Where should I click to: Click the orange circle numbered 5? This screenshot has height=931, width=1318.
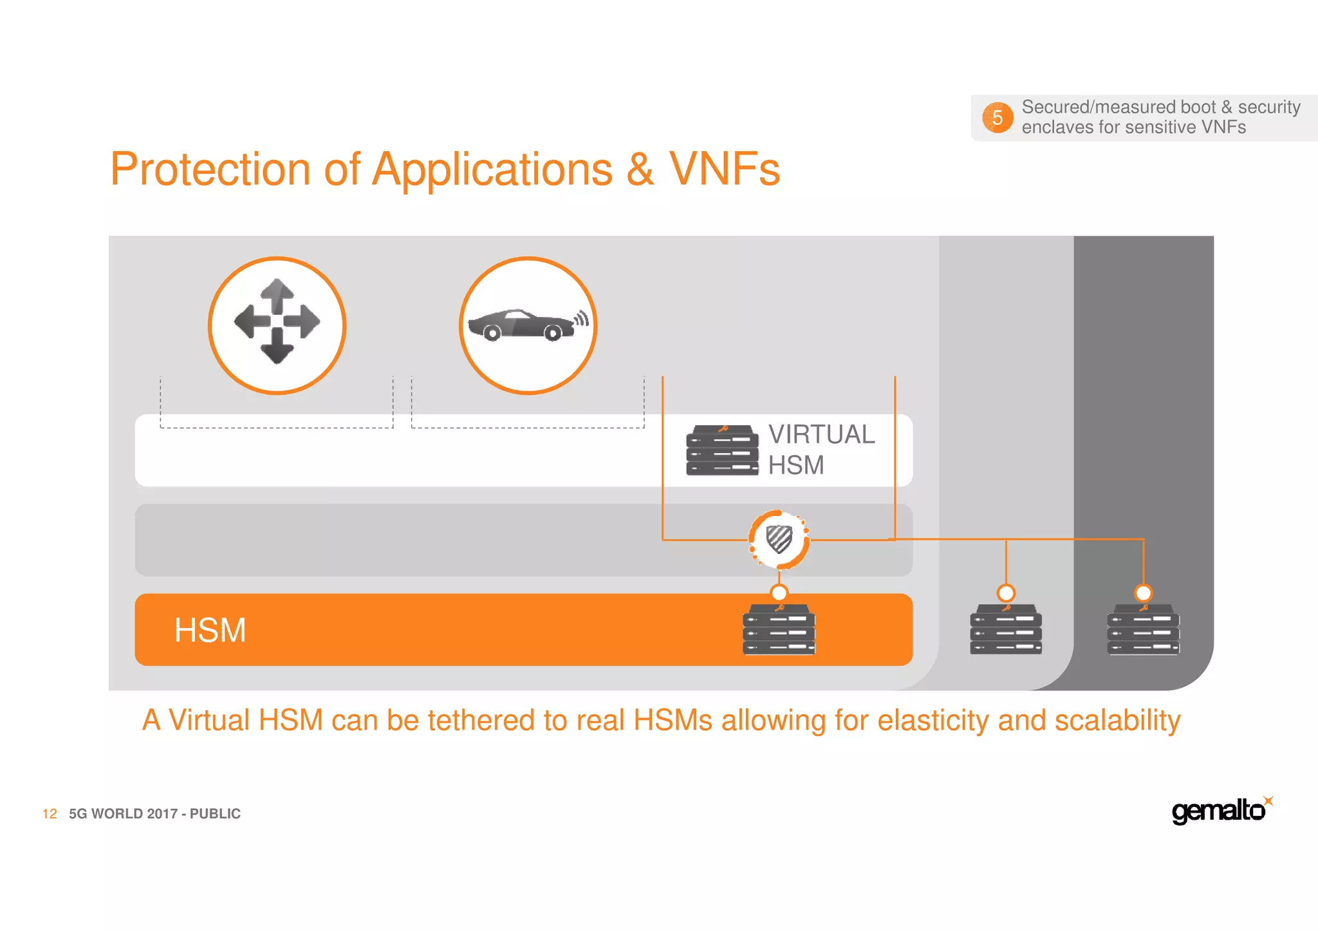(997, 118)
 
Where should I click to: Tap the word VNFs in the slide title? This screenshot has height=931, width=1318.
(724, 169)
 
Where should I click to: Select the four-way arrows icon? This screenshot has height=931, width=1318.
(277, 322)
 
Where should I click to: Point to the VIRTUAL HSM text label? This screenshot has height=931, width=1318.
(821, 449)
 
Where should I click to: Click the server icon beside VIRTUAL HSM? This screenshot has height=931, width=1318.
(722, 450)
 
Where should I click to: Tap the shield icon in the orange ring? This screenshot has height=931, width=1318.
(779, 539)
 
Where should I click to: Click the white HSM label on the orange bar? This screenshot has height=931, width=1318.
(210, 630)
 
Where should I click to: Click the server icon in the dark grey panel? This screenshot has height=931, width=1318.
(1143, 629)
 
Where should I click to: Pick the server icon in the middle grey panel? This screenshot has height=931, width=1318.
(1006, 629)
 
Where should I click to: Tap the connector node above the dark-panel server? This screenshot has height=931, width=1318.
(1143, 593)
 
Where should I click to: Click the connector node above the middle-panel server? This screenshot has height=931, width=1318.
(1006, 593)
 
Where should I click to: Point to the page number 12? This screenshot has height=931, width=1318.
(50, 814)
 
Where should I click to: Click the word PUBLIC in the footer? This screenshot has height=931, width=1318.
(215, 814)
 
